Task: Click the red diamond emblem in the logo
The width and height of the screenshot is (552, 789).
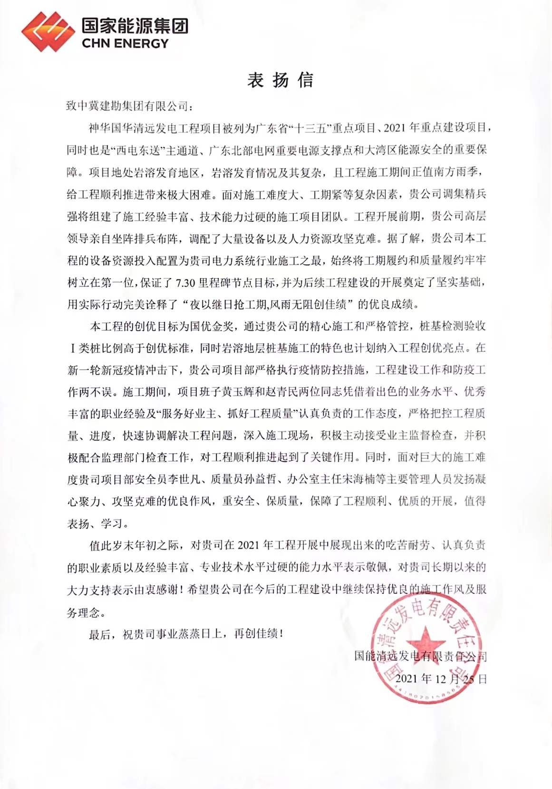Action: [48, 31]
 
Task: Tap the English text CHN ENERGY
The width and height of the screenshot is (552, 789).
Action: [125, 44]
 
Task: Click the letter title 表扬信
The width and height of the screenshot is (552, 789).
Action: [280, 80]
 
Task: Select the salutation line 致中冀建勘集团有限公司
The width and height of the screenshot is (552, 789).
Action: [127, 106]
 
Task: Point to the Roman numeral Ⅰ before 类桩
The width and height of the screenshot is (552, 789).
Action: [73, 348]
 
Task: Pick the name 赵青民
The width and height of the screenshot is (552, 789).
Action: [285, 392]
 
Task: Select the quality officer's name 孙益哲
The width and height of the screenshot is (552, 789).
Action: [267, 479]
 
